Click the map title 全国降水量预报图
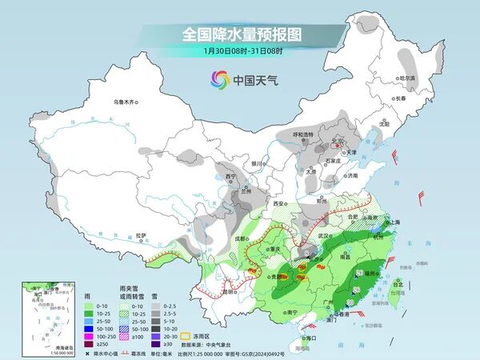[x=240, y=34]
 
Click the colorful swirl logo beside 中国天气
[x=219, y=78]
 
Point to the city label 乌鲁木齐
[x=126, y=102]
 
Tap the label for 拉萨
[x=142, y=235]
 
